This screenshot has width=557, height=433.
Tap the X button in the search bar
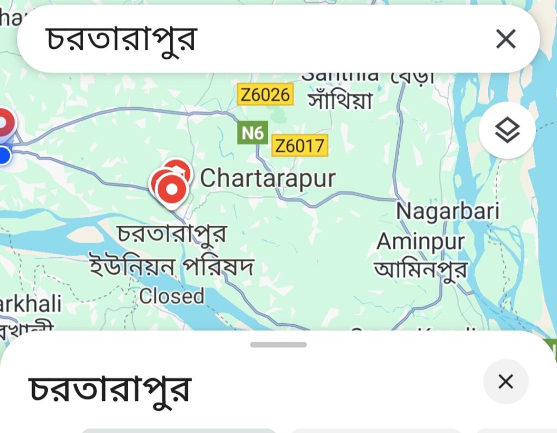(x=506, y=39)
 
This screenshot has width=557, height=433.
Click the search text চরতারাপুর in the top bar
(x=121, y=39)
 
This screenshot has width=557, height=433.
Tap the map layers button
(x=507, y=130)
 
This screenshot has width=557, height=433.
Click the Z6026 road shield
(x=265, y=95)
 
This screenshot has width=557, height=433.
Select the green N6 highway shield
(x=253, y=132)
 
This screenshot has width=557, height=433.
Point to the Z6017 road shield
(x=300, y=146)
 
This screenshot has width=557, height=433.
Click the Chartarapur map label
(x=268, y=178)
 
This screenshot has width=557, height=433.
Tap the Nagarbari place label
(x=447, y=211)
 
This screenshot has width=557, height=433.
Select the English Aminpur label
(x=421, y=241)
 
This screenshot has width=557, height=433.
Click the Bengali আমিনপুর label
(x=421, y=269)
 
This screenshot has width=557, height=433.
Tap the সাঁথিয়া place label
(x=340, y=100)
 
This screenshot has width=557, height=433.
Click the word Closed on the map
(x=172, y=296)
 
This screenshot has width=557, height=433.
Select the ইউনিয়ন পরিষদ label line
(x=172, y=267)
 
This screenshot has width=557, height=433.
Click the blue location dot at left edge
(x=4, y=156)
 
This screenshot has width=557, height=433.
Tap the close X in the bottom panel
(x=505, y=382)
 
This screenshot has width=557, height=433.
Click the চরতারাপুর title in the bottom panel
(x=110, y=388)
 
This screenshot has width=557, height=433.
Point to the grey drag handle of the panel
(x=278, y=344)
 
